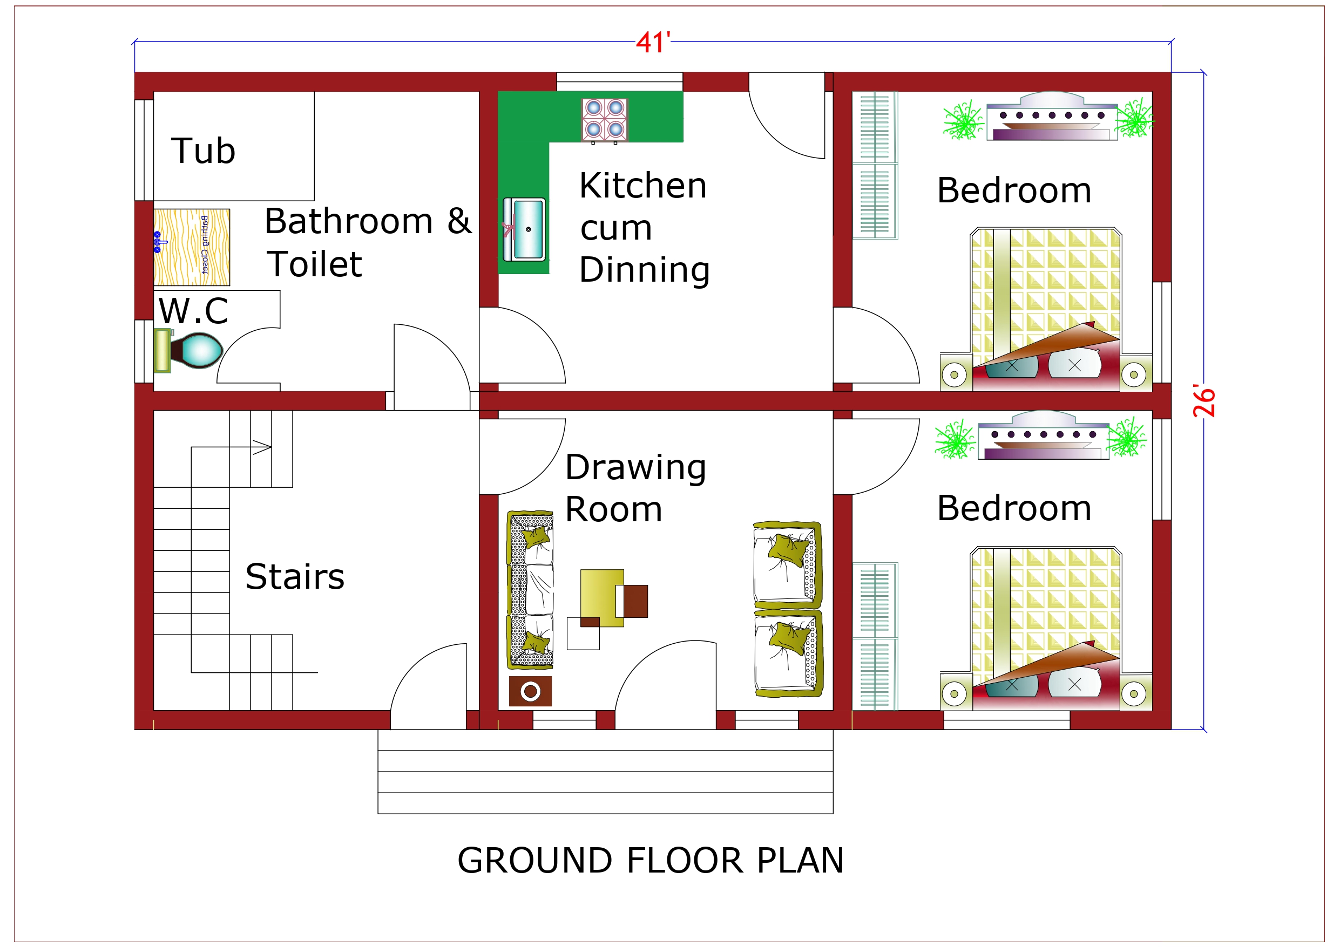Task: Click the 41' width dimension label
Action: pyautogui.click(x=653, y=43)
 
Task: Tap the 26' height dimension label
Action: pyautogui.click(x=1204, y=401)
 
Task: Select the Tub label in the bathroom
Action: pyautogui.click(x=203, y=151)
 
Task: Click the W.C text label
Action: pyautogui.click(x=193, y=311)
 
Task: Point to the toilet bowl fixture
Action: pyautogui.click(x=199, y=350)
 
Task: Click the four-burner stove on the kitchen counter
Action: pyautogui.click(x=604, y=120)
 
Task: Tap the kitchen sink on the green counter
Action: pyautogui.click(x=525, y=229)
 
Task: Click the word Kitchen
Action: pyautogui.click(x=642, y=186)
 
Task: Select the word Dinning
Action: pyautogui.click(x=644, y=270)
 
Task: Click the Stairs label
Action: pyautogui.click(x=295, y=577)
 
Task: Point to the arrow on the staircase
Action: pyautogui.click(x=262, y=447)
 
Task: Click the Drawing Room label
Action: pyautogui.click(x=635, y=488)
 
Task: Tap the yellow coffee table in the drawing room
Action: pyautogui.click(x=602, y=597)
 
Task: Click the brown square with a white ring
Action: pyautogui.click(x=530, y=691)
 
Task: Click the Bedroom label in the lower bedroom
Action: pyautogui.click(x=1014, y=508)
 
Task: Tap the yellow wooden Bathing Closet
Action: pyautogui.click(x=192, y=247)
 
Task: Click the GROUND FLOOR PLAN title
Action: pyautogui.click(x=650, y=861)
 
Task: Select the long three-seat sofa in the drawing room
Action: pyautogui.click(x=530, y=589)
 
